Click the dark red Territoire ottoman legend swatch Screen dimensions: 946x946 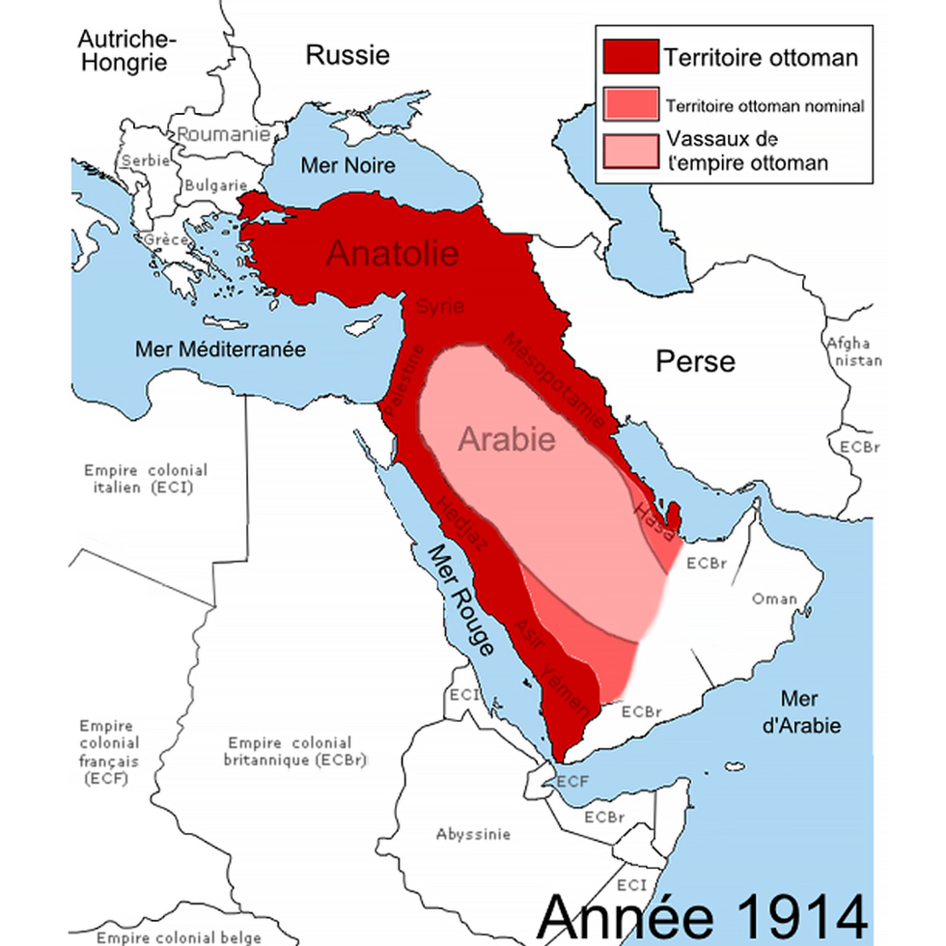(630, 57)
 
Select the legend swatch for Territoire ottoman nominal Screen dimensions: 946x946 (630, 104)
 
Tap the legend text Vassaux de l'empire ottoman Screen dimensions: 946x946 (746, 152)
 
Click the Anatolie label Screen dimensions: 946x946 (391, 253)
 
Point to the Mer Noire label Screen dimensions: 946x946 (348, 165)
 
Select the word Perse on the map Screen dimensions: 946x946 (695, 362)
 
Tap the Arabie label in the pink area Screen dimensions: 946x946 (507, 439)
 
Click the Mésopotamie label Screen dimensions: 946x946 (556, 383)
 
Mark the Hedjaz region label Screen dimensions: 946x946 (462, 523)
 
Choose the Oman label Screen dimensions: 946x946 (774, 598)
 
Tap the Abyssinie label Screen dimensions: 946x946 (473, 834)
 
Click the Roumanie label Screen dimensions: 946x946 (223, 135)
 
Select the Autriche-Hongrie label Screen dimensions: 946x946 (126, 51)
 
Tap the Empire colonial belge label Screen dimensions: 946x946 (179, 937)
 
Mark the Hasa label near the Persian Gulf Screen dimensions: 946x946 (652, 514)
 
